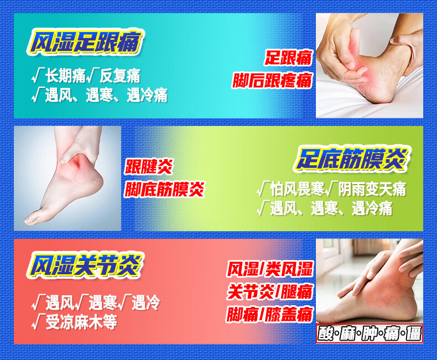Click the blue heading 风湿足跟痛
85,42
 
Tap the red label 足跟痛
288,58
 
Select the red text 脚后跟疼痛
272,81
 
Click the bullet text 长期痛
65,76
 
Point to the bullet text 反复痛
120,76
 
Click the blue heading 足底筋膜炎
352,159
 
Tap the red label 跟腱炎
149,166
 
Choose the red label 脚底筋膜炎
165,189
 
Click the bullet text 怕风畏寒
297,189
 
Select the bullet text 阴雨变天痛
372,189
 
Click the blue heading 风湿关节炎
85,265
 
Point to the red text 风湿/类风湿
270,269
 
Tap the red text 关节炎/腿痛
270,292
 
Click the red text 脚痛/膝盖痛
270,315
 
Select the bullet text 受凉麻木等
81,322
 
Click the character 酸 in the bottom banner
326,333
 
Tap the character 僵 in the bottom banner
414,333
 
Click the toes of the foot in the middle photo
33,218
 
